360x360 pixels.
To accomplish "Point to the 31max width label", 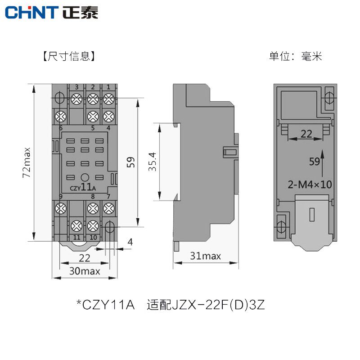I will point(205,256).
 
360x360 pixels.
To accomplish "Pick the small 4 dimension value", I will point(130,242).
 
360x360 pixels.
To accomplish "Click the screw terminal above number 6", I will point(60,116).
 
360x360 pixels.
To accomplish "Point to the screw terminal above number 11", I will point(77,225).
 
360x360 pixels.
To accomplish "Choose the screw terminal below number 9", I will point(60,208).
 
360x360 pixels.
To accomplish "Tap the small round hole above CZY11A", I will point(84,177).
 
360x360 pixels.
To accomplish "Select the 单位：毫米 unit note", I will point(296,57).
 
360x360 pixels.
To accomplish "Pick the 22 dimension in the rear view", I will point(306,134).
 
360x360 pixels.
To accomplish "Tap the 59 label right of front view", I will point(130,162).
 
